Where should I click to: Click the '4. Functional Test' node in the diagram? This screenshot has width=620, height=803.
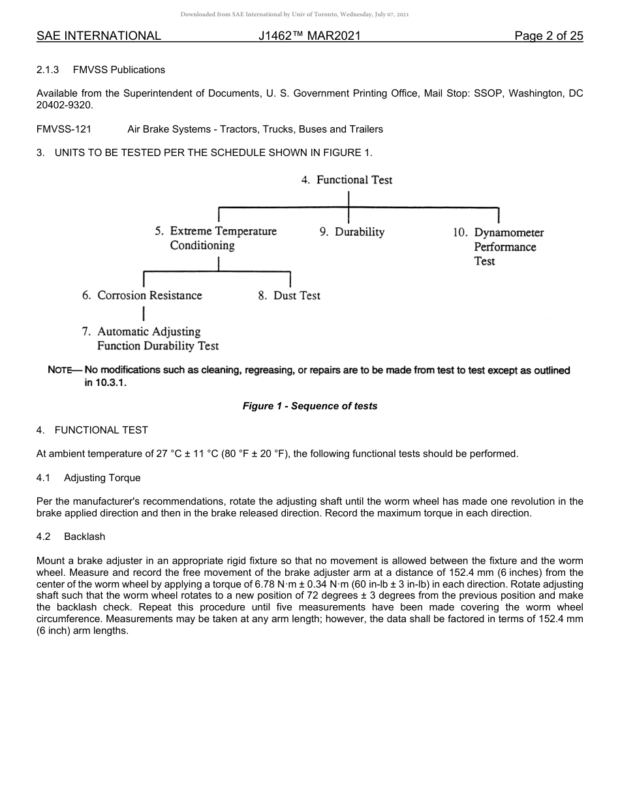tap(347, 180)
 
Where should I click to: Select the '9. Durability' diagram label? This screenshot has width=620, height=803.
tap(352, 232)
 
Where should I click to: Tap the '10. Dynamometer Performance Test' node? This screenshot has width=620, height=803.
tap(499, 247)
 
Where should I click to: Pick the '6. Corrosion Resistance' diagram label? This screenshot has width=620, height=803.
tap(142, 296)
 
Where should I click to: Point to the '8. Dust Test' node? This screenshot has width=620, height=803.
tap(289, 296)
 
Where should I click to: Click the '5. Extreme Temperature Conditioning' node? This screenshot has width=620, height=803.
tap(215, 238)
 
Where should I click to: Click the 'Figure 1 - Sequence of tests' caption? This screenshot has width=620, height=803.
tap(310, 406)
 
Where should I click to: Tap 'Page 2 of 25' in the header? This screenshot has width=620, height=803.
tap(548, 36)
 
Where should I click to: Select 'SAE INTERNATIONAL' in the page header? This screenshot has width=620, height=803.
tap(99, 36)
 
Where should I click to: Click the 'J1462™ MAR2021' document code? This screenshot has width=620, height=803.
tap(309, 36)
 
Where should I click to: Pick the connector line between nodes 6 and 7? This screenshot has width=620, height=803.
tap(134, 314)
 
